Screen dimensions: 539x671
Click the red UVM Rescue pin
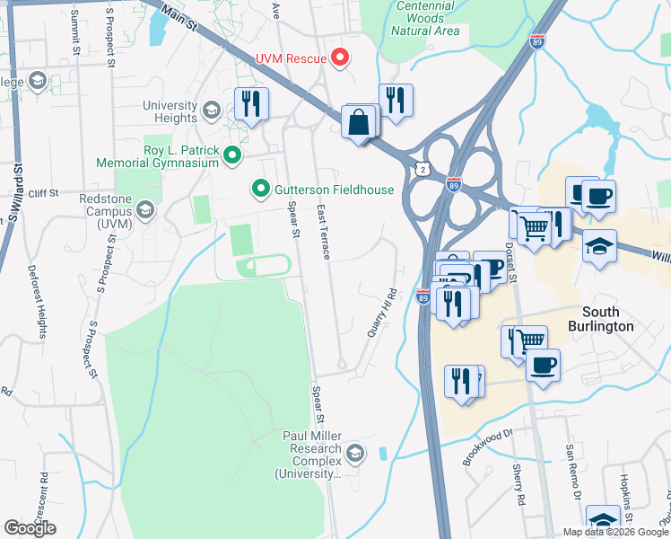(x=339, y=58)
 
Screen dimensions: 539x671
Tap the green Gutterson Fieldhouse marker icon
(x=260, y=189)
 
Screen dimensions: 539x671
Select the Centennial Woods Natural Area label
(x=425, y=20)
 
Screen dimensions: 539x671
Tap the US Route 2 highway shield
(x=421, y=168)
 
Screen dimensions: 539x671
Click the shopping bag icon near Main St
(x=359, y=122)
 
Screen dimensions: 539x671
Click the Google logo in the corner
(x=30, y=528)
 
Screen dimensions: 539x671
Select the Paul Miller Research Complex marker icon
(x=355, y=453)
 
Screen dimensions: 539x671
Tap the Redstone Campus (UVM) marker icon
(x=145, y=211)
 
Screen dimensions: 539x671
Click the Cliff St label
(x=42, y=192)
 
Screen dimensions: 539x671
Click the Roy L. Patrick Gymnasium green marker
(x=232, y=156)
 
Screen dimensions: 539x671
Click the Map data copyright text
(x=614, y=532)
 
